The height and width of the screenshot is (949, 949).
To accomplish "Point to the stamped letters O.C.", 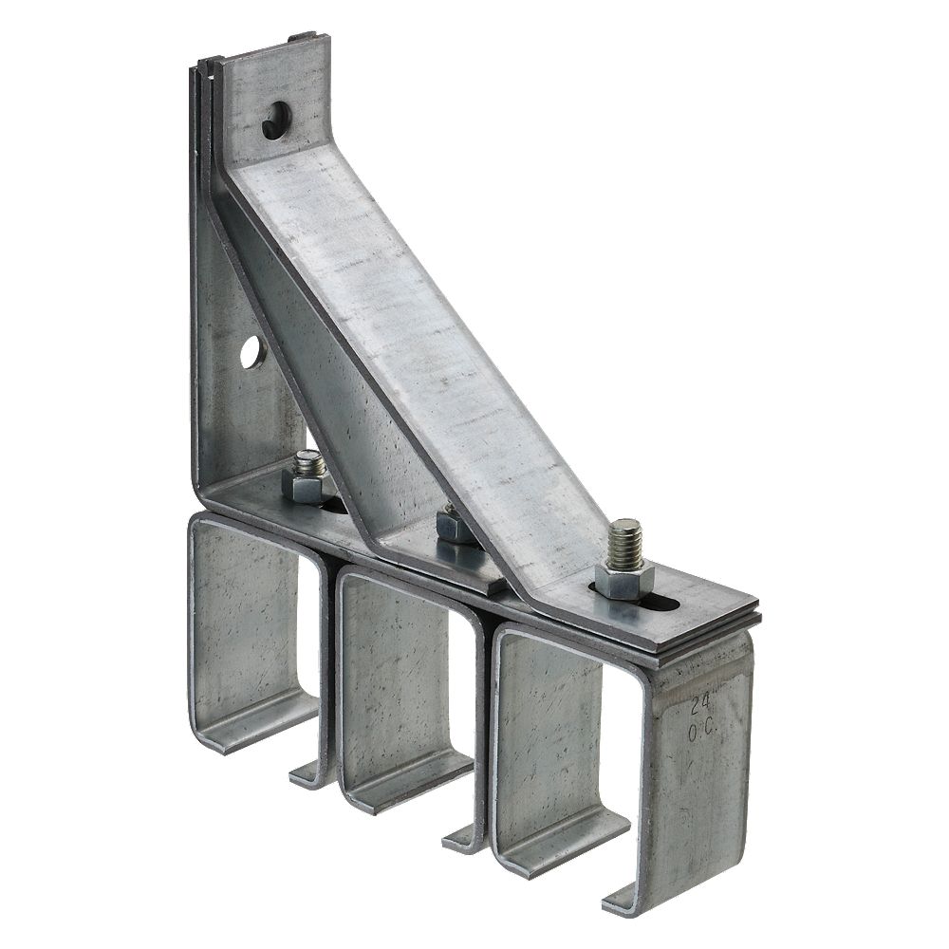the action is (702, 731).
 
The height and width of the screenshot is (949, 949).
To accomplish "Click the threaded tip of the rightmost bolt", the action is (625, 541).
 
